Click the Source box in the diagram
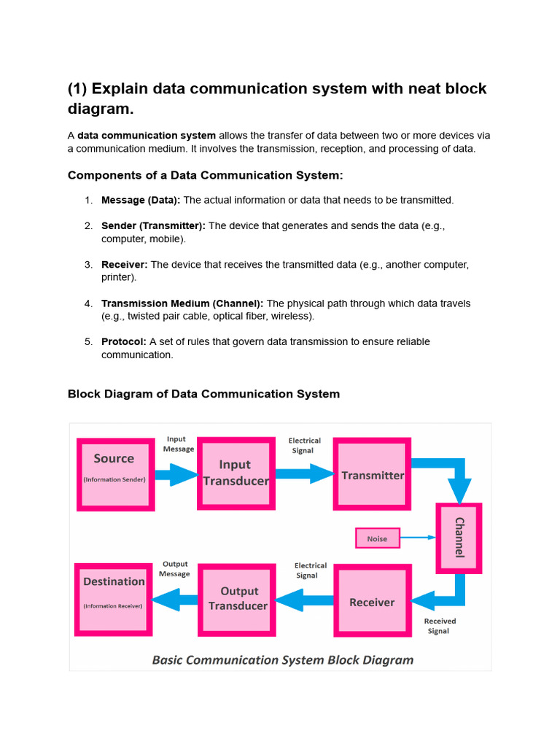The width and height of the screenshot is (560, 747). (116, 474)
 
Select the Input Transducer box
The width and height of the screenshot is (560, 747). (236, 473)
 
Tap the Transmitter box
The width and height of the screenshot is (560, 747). (372, 474)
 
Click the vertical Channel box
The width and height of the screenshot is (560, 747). (459, 538)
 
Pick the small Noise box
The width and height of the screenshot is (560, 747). (378, 538)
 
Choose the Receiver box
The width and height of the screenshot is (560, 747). (373, 601)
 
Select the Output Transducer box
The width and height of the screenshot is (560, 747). (237, 600)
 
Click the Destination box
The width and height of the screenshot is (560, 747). (113, 600)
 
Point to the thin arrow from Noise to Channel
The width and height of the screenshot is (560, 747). (418, 538)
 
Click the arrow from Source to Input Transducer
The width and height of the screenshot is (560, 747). (176, 474)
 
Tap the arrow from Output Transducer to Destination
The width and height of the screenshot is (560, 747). (175, 600)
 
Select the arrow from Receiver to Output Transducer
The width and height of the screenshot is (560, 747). (304, 600)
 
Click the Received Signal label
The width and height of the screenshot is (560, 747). (440, 626)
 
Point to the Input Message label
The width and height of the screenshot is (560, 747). (178, 444)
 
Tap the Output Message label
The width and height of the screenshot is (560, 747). (174, 569)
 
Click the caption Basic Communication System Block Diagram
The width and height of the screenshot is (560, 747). (283, 659)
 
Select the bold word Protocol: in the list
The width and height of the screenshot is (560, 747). (124, 341)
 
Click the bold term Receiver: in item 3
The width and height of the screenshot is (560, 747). (124, 264)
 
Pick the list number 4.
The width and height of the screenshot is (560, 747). (88, 303)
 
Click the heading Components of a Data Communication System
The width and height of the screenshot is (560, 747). (205, 175)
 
